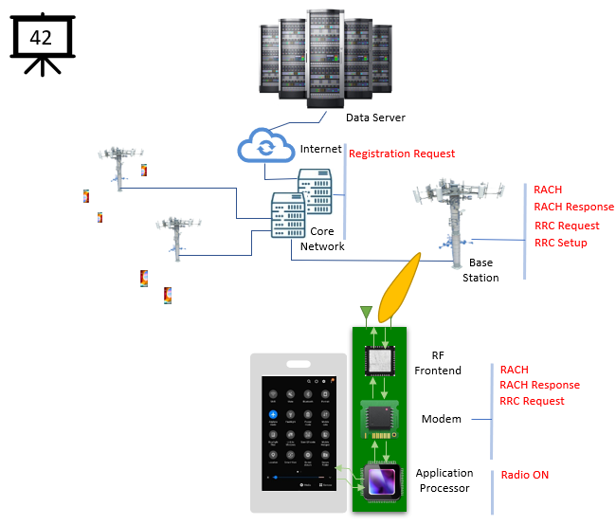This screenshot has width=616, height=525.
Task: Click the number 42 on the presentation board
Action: pyautogui.click(x=41, y=39)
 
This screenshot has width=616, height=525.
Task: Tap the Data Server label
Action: pyautogui.click(x=375, y=118)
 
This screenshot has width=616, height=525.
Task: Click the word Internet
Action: pyautogui.click(x=320, y=150)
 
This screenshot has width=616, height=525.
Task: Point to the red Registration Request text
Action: pyautogui.click(x=402, y=154)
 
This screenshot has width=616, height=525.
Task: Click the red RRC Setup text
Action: pyautogui.click(x=560, y=243)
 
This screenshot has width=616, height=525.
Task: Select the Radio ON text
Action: pyautogui.click(x=524, y=475)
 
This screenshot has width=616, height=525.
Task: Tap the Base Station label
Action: pyautogui.click(x=480, y=270)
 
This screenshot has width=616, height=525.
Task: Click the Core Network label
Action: pyautogui.click(x=322, y=239)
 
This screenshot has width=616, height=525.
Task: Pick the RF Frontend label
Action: pyautogui.click(x=438, y=363)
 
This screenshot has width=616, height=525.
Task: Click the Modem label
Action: pyautogui.click(x=441, y=419)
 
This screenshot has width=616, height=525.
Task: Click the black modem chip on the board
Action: pyautogui.click(x=380, y=418)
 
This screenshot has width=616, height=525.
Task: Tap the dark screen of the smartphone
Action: pyautogui.click(x=299, y=432)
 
